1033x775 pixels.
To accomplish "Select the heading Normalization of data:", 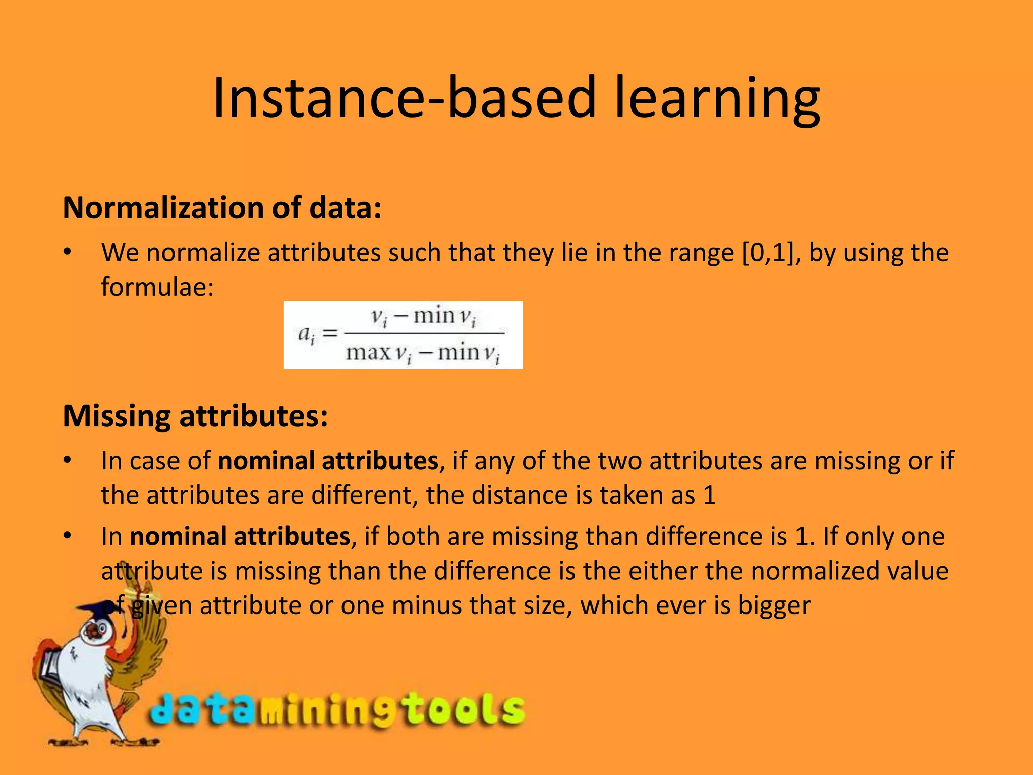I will click(222, 208).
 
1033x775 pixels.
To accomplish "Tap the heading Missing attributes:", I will click(195, 416).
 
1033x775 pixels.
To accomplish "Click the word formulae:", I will click(157, 287).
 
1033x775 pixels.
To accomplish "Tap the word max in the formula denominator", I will click(368, 352).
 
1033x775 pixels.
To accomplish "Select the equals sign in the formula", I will click(329, 334).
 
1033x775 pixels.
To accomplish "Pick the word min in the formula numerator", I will click(434, 316).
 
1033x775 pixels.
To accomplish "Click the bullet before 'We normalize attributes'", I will click(68, 252).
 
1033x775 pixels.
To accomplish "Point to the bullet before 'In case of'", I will click(68, 461).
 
